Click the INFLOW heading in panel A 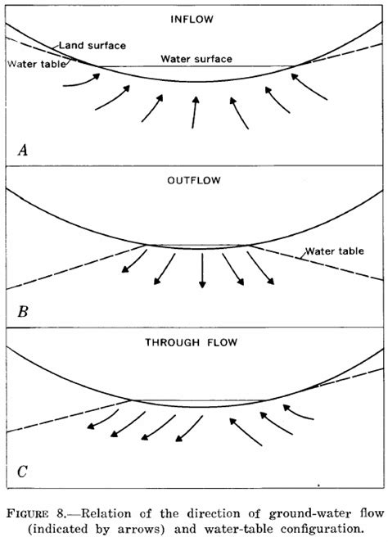194,18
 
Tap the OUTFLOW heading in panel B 194,183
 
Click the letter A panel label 23,149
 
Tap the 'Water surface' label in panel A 196,59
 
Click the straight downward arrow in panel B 202,273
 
